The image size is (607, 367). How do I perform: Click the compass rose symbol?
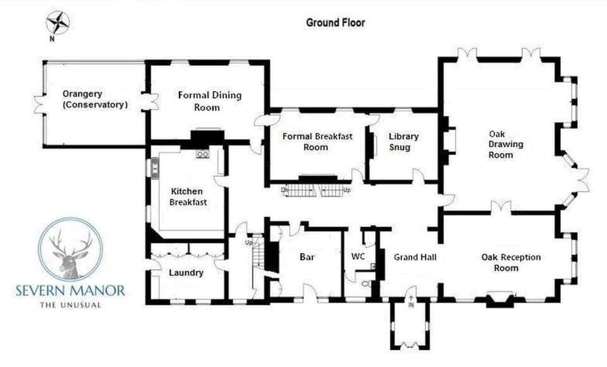[58, 23]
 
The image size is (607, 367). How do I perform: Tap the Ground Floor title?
[335, 23]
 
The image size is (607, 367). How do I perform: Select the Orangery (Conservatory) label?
[95, 99]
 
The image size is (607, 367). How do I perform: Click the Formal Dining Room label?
[209, 101]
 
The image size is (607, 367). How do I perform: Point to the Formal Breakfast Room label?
[317, 142]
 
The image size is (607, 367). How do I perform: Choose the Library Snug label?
[403, 142]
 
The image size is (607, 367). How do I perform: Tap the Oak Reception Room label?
[511, 263]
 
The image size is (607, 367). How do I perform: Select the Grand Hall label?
[415, 257]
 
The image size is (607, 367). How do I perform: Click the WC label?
[358, 256]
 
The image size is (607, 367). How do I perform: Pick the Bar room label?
[307, 257]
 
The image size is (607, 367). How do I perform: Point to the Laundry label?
[186, 273]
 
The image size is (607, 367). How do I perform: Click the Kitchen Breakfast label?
[188, 197]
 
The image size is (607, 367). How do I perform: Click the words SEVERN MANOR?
[70, 290]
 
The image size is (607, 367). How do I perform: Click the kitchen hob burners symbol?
[202, 154]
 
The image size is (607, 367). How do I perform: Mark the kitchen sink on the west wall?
[154, 168]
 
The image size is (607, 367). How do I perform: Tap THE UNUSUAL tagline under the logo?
[70, 305]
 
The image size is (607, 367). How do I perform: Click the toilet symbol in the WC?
[366, 284]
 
